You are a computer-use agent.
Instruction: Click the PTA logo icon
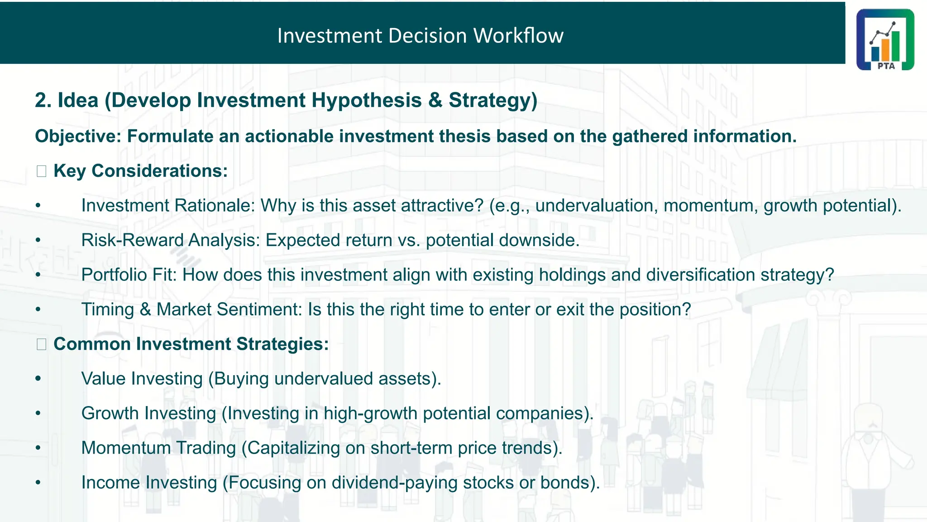(x=885, y=39)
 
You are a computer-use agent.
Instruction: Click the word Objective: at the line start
(x=78, y=136)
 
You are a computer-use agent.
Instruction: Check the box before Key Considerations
(x=42, y=171)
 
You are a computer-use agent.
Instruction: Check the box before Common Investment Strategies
(x=42, y=344)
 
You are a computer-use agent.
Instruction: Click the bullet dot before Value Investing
(x=38, y=378)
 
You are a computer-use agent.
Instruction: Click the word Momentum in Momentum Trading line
(x=126, y=448)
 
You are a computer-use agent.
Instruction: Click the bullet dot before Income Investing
(x=38, y=483)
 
